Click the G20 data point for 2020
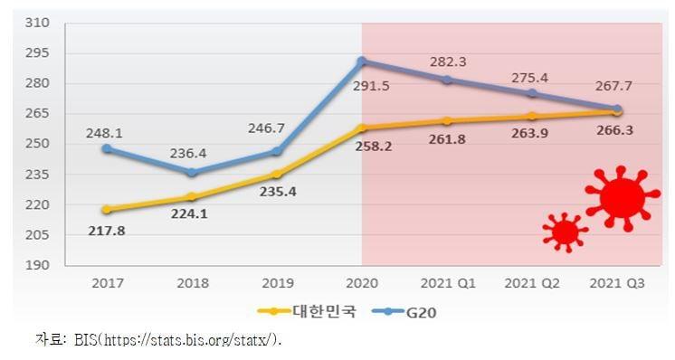pyautogui.click(x=362, y=62)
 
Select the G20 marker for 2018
pyautogui.click(x=191, y=172)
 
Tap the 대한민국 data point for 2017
pyautogui.click(x=106, y=209)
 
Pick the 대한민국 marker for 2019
pyautogui.click(x=277, y=175)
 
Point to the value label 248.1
pyautogui.click(x=105, y=132)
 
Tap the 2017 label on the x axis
pyautogui.click(x=106, y=283)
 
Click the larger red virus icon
pyautogui.click(x=618, y=198)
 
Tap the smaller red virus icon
pyautogui.click(x=565, y=232)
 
